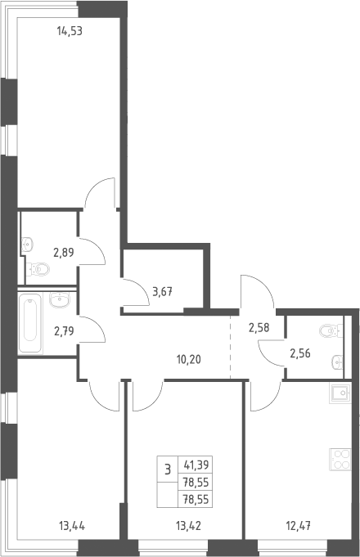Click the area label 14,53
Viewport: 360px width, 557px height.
point(70,31)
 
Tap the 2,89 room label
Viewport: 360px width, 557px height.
point(64,253)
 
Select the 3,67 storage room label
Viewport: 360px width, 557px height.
point(162,292)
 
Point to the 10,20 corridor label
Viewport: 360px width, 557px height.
point(189,360)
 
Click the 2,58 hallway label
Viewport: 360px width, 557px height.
point(259,327)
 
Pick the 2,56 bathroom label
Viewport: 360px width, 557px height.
point(300,353)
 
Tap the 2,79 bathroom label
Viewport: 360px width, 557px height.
point(64,331)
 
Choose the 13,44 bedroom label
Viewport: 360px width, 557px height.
point(72,525)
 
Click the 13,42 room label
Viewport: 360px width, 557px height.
point(188,525)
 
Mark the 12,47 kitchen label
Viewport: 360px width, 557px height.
point(299,525)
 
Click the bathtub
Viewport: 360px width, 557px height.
point(30,323)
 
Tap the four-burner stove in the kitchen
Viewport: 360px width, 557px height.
point(340,460)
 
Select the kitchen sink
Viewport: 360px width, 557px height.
point(340,393)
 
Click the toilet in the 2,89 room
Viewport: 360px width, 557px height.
point(38,269)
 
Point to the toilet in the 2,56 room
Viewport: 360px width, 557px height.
point(331,330)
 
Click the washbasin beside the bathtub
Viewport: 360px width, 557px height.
point(60,300)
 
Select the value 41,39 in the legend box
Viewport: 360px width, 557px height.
point(196,465)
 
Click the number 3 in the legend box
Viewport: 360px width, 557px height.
point(168,469)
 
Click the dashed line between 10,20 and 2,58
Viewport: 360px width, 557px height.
point(230,348)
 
